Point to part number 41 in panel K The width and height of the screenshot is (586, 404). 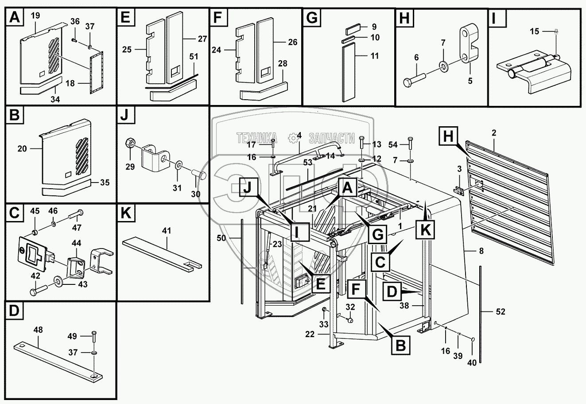click(167, 231)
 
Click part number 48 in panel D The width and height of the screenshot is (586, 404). click(38, 330)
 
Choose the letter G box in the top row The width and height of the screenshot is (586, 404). click(312, 19)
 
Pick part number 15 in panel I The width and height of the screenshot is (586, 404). click(535, 31)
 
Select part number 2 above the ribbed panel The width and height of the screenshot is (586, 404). click(494, 132)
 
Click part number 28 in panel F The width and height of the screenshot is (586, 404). click(283, 64)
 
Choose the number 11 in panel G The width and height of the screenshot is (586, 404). click(375, 57)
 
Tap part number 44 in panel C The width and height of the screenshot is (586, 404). click(77, 243)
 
